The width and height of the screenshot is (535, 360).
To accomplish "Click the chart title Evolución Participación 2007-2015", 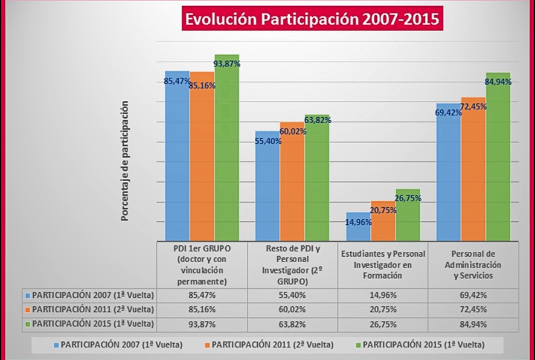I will [311, 19].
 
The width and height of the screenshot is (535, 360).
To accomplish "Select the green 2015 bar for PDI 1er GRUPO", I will [227, 151].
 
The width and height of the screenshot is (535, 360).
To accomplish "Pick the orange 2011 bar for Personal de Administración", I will [473, 169].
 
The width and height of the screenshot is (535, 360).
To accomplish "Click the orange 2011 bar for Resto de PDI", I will [292, 181].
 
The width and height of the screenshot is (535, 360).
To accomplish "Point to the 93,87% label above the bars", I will [228, 63].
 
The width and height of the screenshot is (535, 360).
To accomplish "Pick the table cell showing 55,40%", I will [292, 296].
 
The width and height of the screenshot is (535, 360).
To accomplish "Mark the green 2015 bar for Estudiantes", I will [408, 216].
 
